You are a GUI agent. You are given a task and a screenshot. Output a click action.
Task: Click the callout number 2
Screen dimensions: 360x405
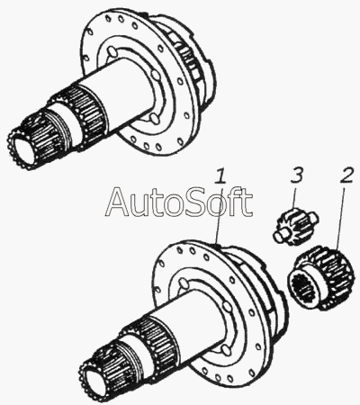tap(347, 176)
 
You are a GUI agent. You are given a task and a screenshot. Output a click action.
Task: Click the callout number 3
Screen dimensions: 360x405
tap(297, 175)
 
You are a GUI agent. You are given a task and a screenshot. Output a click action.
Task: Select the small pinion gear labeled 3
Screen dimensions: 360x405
tap(295, 226)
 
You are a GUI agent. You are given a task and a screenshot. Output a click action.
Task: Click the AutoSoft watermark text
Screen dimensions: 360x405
tap(179, 202)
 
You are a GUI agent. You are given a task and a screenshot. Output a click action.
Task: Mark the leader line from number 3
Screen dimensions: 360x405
tap(295, 197)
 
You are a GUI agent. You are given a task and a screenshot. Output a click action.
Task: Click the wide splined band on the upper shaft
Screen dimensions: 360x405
tap(81, 115)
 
